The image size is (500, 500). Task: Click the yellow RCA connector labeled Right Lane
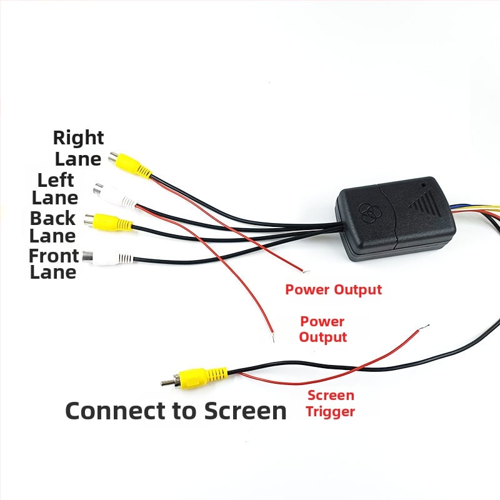click(x=130, y=165)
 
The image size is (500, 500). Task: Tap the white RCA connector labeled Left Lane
click(x=116, y=195)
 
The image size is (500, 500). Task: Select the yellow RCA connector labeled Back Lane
click(x=108, y=222)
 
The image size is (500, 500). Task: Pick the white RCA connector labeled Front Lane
click(x=107, y=257)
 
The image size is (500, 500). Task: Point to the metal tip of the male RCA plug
click(x=166, y=382)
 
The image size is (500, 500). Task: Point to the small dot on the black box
click(x=424, y=184)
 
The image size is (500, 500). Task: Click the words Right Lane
click(x=78, y=148)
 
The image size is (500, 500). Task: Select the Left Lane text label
click(x=55, y=189)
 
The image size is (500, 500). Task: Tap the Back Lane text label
click(x=52, y=227)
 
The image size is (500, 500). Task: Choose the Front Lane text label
click(x=53, y=264)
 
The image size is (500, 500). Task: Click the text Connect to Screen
click(x=176, y=411)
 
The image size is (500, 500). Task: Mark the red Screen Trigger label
click(x=331, y=403)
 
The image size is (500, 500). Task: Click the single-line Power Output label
click(x=334, y=289)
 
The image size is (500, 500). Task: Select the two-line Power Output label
click(x=322, y=329)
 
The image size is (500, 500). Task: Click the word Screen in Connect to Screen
click(x=245, y=411)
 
